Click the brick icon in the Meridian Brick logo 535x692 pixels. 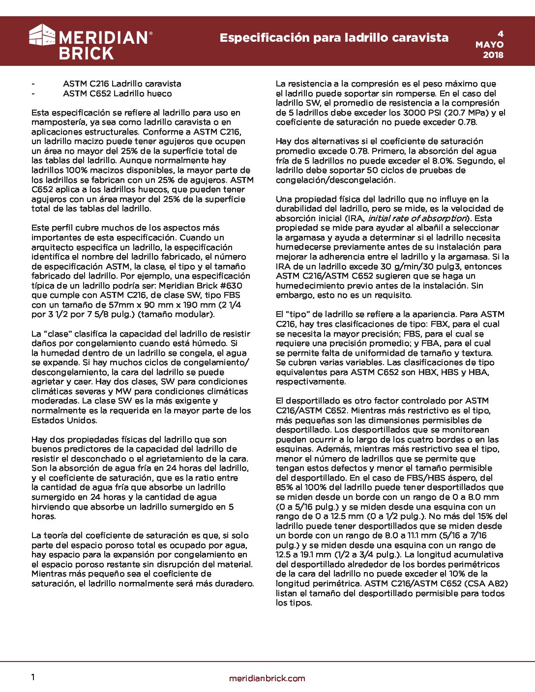(x=42, y=35)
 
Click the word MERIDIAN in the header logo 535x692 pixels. (x=103, y=38)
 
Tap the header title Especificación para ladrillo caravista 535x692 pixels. (x=334, y=38)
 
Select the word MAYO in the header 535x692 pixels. (x=489, y=44)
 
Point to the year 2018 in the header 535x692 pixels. (x=493, y=55)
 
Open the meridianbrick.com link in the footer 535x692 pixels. (x=267, y=678)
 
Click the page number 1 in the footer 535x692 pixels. (x=33, y=677)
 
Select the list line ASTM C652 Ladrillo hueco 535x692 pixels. (x=118, y=93)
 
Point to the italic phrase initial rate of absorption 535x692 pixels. (x=416, y=218)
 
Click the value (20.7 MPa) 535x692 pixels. (x=460, y=113)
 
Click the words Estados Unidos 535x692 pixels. (x=64, y=420)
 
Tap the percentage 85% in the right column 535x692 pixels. (x=284, y=487)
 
